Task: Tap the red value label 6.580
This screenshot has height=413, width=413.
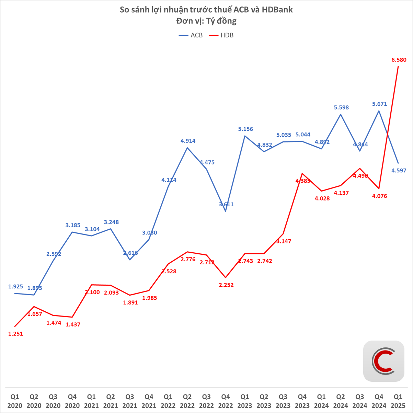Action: [399, 60]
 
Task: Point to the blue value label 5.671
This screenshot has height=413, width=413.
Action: [379, 104]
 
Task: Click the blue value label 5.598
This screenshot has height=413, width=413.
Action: [341, 107]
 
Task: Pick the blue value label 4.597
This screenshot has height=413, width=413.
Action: [399, 170]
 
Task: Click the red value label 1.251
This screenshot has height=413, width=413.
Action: [15, 333]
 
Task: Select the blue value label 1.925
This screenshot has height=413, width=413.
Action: [15, 286]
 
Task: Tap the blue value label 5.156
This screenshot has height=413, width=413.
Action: [245, 129]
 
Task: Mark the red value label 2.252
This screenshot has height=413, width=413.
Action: [226, 285]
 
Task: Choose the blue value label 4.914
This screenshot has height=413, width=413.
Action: [188, 141]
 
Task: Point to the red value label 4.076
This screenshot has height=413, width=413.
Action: [379, 196]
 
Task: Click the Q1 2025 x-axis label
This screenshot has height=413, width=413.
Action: [398, 401]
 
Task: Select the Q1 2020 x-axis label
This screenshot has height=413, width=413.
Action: [15, 401]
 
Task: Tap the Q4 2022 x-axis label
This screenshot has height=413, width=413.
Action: [226, 401]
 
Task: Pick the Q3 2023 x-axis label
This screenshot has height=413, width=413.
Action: [283, 401]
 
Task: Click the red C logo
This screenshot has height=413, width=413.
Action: [383, 361]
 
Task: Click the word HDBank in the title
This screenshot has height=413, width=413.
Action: [277, 10]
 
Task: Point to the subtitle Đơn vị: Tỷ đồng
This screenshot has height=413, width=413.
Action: [206, 21]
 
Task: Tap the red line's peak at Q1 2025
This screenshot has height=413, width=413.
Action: [398, 66]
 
